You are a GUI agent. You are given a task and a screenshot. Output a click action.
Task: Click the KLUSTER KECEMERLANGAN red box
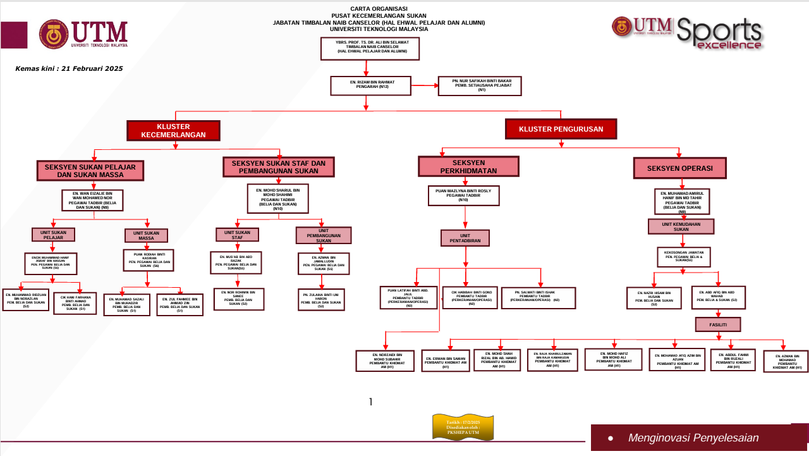pyautogui.click(x=173, y=130)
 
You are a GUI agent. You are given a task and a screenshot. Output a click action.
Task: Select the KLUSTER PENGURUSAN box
pyautogui.click(x=561, y=129)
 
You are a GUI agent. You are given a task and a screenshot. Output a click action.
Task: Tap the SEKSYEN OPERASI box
pyautogui.click(x=679, y=168)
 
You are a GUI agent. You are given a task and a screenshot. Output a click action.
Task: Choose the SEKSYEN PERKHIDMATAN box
pyautogui.click(x=468, y=166)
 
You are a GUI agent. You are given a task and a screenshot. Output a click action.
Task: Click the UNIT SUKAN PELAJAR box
pyautogui.click(x=53, y=235)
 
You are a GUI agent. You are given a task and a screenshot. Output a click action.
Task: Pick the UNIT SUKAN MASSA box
pyautogui.click(x=146, y=235)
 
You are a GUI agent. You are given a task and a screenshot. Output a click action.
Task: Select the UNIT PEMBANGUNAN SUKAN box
pyautogui.click(x=323, y=235)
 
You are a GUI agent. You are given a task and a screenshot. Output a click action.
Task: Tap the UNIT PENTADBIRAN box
pyautogui.click(x=465, y=237)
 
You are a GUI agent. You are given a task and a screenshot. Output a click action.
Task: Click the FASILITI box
pyautogui.click(x=717, y=324)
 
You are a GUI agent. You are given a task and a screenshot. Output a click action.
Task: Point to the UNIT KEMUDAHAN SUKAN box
pyautogui.click(x=681, y=226)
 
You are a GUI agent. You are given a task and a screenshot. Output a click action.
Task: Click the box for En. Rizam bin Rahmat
pyautogui.click(x=370, y=85)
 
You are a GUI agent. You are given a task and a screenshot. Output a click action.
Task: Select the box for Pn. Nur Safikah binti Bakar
pyautogui.click(x=480, y=85)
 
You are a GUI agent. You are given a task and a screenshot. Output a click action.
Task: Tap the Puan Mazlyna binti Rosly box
pyautogui.click(x=463, y=195)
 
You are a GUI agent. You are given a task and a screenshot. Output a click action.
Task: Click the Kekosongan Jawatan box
pyautogui.click(x=683, y=256)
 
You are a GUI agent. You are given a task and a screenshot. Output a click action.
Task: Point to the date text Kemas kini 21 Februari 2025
pyautogui.click(x=69, y=68)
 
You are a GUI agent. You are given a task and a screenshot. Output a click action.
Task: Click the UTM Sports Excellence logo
pyautogui.click(x=687, y=34)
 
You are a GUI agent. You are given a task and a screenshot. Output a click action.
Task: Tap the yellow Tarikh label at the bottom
pyautogui.click(x=463, y=427)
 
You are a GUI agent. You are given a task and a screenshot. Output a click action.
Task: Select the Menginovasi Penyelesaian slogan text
pyautogui.click(x=693, y=438)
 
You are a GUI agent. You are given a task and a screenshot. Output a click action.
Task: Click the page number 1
pyautogui.click(x=371, y=402)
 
